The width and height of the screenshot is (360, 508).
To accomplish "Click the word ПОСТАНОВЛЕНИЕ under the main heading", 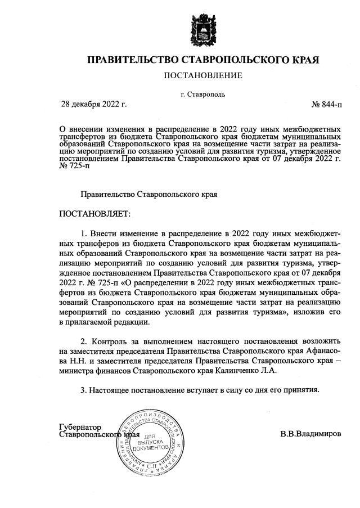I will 202,75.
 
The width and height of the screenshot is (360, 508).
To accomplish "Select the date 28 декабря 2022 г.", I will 94,105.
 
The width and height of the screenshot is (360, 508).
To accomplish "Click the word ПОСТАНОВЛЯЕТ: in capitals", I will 94,214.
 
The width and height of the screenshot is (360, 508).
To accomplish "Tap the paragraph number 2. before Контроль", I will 85,341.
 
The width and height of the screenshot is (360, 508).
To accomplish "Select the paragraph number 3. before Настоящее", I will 85,389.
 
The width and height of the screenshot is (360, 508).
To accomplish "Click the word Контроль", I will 109,341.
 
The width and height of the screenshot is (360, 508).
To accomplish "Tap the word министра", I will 77,371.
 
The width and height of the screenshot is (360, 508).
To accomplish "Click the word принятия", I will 301,389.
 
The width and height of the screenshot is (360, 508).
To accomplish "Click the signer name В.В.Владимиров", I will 310,434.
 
